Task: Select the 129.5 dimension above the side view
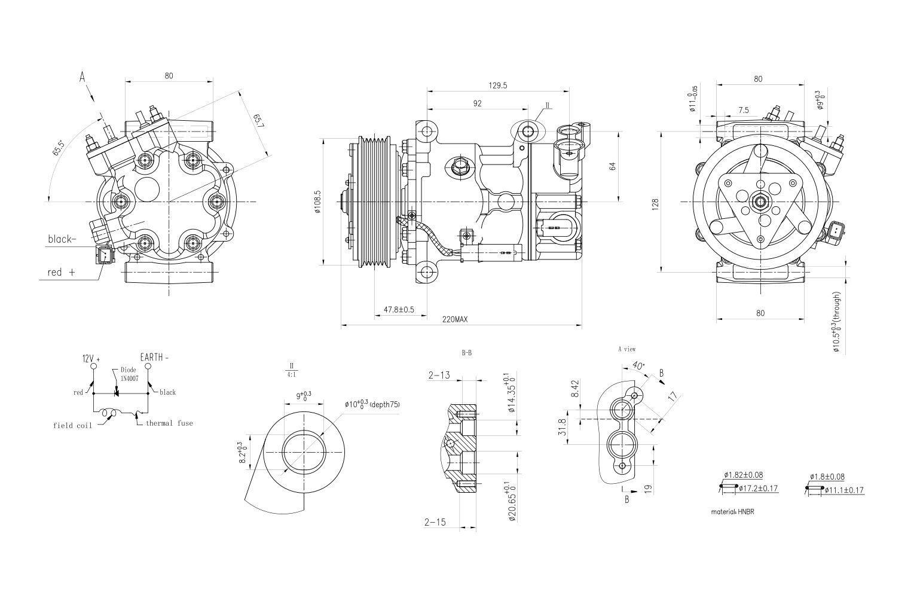click(x=497, y=86)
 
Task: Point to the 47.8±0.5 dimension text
click(x=398, y=310)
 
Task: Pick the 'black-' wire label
click(x=62, y=239)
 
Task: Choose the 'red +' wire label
click(x=61, y=272)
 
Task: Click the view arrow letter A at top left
click(x=82, y=77)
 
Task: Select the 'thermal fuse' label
click(x=169, y=423)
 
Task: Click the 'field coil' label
click(x=72, y=426)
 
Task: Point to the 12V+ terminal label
click(x=91, y=359)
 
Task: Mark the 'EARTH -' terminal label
click(x=154, y=358)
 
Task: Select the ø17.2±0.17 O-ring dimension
click(x=758, y=489)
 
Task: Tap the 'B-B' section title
click(x=467, y=353)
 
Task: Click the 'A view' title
click(x=626, y=349)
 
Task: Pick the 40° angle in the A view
click(x=637, y=365)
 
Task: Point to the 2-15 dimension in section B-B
click(x=435, y=522)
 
